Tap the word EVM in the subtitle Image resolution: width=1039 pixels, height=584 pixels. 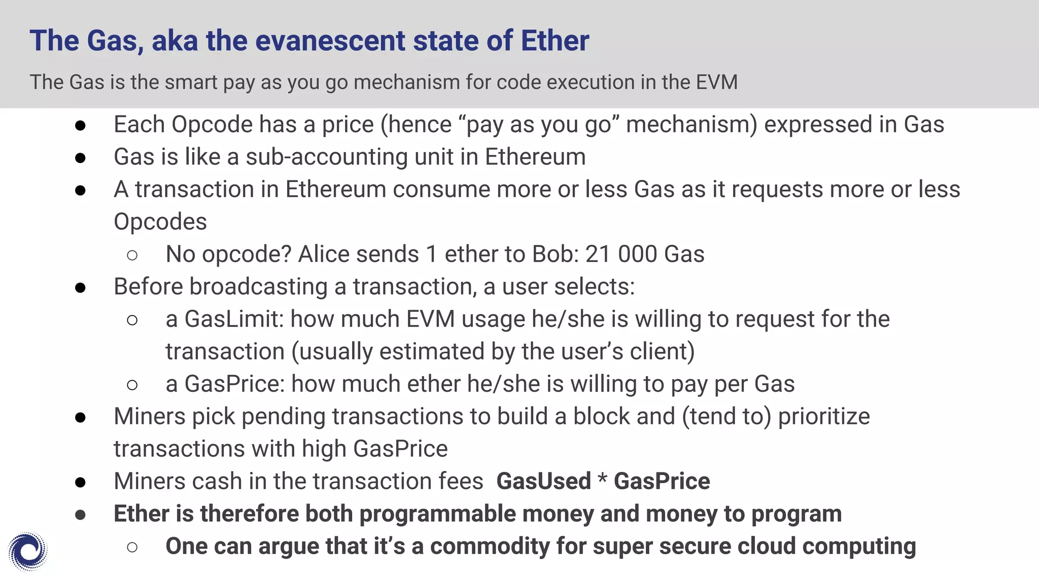(x=717, y=82)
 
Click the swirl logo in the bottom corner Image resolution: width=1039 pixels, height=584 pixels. (x=28, y=551)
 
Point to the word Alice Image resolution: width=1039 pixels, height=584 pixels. (x=324, y=254)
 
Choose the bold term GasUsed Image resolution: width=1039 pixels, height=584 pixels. (x=544, y=481)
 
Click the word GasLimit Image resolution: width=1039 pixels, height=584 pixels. (x=233, y=319)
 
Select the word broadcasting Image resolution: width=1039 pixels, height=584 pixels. (x=258, y=287)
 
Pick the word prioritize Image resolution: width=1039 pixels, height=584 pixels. (x=824, y=417)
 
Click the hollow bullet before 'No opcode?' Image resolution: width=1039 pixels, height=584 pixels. (x=132, y=255)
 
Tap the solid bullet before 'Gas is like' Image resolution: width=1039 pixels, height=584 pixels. (x=80, y=158)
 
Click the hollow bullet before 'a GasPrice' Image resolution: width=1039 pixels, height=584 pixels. (x=132, y=385)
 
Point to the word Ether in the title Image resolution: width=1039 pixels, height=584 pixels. (x=555, y=41)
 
